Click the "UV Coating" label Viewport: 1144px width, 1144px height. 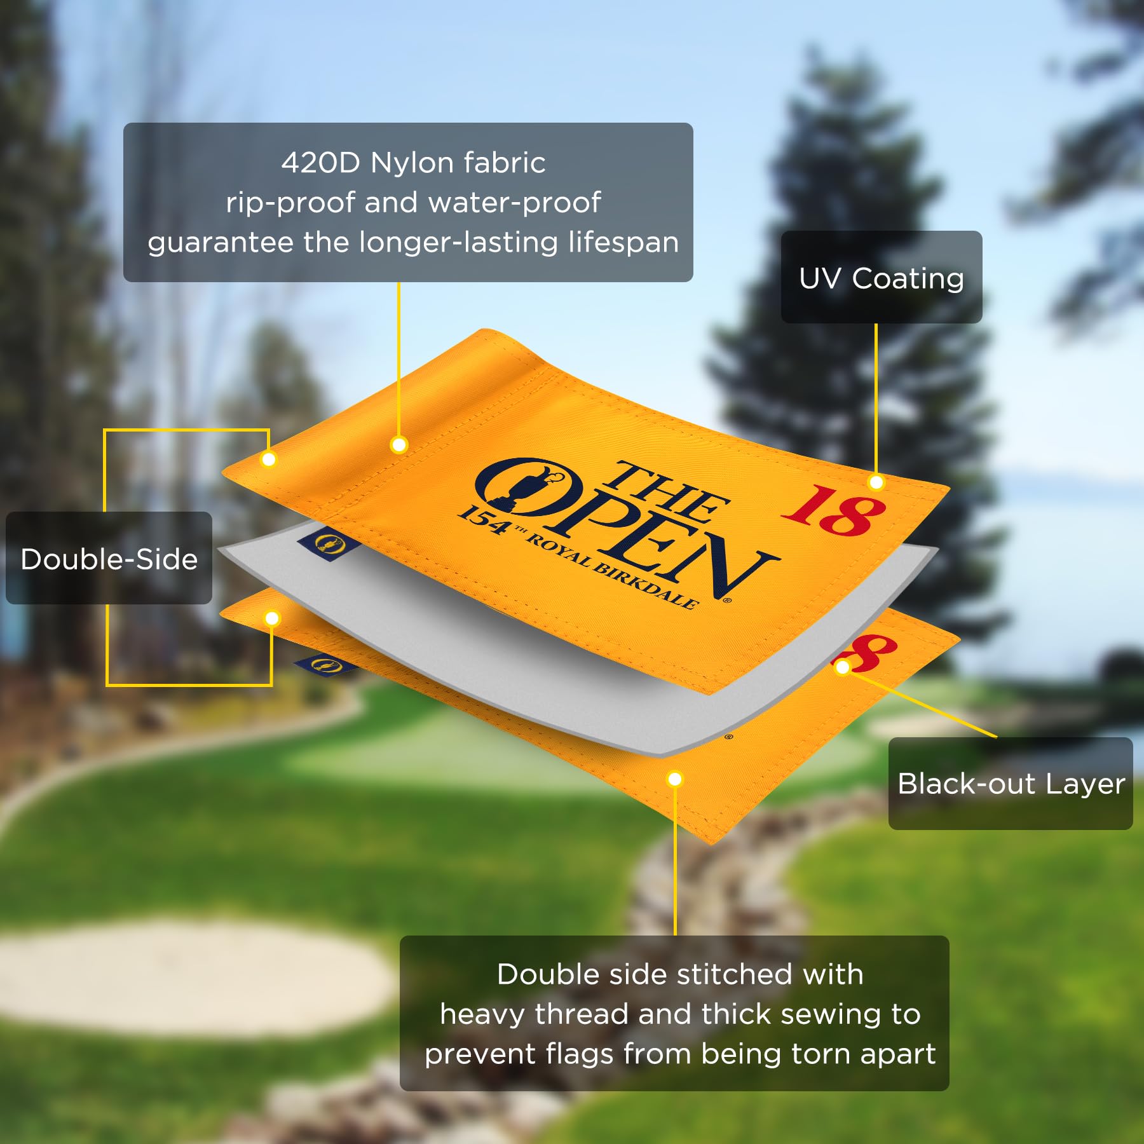click(x=882, y=278)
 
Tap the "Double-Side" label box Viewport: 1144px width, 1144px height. click(x=109, y=558)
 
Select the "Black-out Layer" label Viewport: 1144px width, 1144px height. click(x=1011, y=784)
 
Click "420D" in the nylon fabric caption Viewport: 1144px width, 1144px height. click(x=321, y=163)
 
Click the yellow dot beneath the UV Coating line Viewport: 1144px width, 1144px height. click(x=876, y=482)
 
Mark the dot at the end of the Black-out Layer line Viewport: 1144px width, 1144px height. click(x=843, y=667)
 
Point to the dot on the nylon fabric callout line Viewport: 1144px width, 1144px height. click(x=399, y=445)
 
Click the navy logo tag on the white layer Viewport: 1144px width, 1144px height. click(x=329, y=544)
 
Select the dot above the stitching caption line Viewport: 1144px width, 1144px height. click(x=675, y=779)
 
